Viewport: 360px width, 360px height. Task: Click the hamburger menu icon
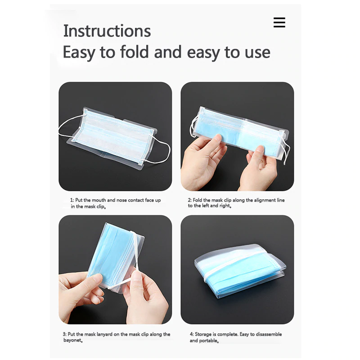point(279,22)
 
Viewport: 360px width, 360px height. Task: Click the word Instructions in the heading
point(107,31)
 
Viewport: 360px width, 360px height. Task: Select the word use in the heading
point(256,53)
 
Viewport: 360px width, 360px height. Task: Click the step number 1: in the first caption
point(72,200)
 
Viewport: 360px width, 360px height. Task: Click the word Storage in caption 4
point(204,334)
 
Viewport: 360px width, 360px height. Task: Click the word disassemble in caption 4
point(271,334)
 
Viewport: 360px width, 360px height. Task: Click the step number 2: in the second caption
point(190,200)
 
